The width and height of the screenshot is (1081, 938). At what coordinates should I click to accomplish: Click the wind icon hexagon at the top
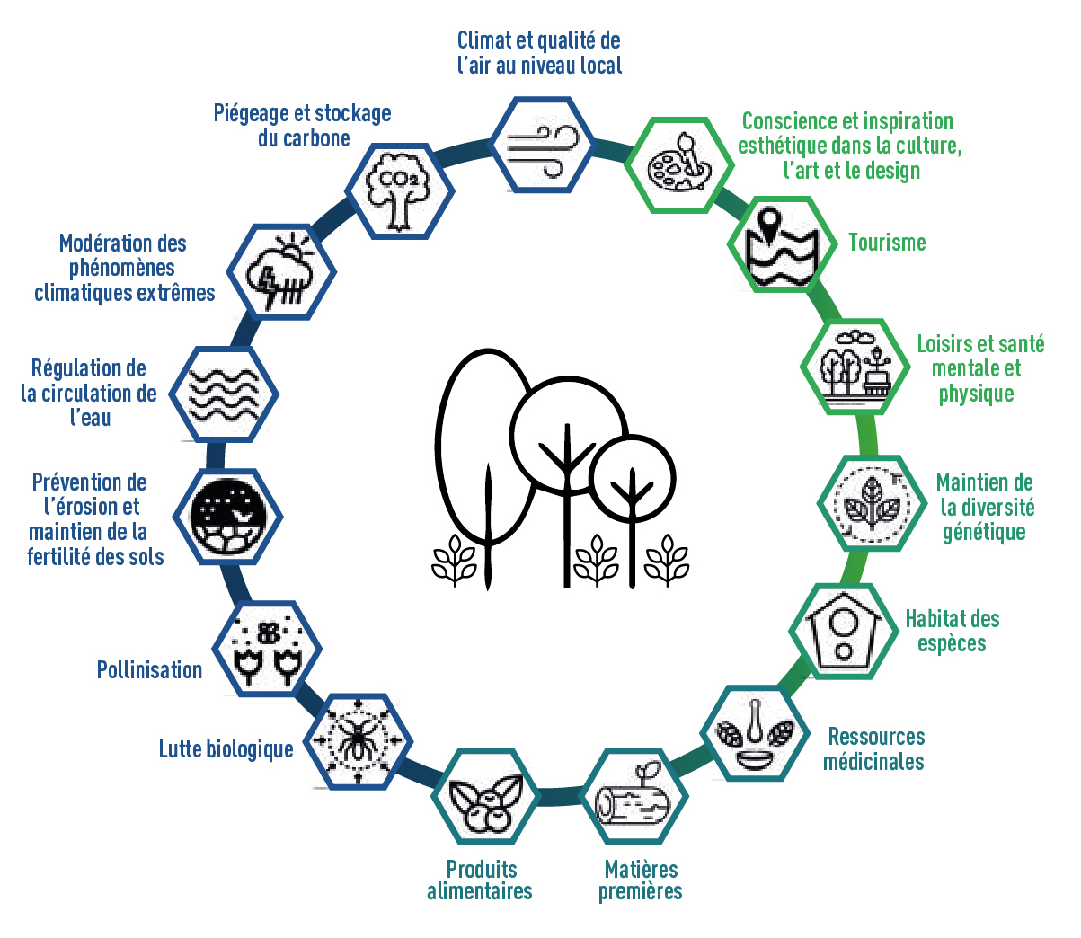click(x=543, y=144)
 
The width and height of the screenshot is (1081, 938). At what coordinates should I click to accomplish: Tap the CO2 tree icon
click(x=399, y=190)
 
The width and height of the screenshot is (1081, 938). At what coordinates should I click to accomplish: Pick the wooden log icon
click(x=634, y=796)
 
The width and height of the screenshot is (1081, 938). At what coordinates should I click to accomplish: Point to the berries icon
click(x=485, y=796)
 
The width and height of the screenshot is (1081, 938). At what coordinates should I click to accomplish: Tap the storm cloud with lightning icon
click(x=281, y=270)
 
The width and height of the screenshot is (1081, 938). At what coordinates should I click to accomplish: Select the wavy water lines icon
click(x=225, y=394)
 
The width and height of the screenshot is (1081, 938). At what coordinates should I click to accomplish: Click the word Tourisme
click(x=887, y=243)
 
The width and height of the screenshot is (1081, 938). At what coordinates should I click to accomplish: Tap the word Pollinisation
click(x=149, y=670)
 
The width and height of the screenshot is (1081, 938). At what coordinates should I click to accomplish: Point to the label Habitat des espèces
click(x=953, y=631)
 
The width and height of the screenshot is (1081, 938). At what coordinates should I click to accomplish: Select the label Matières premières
click(x=641, y=880)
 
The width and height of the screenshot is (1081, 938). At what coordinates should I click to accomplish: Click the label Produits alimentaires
click(x=480, y=880)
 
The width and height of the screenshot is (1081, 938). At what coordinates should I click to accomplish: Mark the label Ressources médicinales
click(x=874, y=749)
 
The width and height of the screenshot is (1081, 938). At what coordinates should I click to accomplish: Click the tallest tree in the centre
click(x=483, y=449)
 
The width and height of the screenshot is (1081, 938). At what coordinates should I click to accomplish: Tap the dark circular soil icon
click(x=228, y=517)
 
